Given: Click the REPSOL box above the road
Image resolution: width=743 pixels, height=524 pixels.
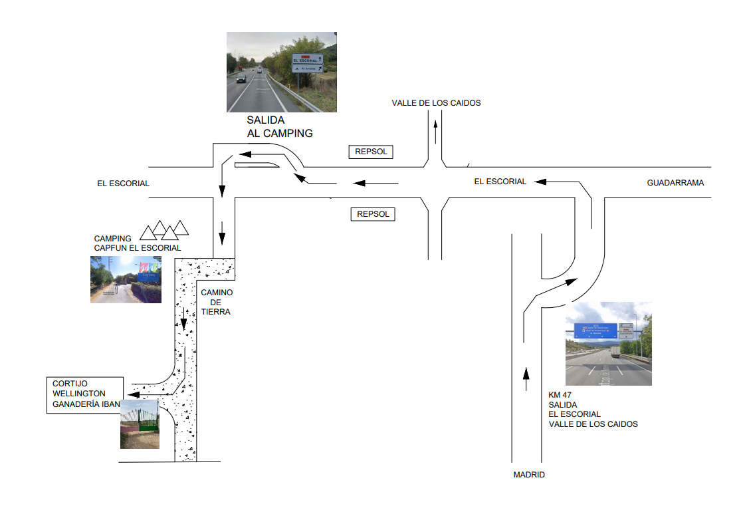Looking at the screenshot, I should (371, 152).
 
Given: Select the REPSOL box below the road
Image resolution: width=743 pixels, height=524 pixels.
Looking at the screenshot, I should (372, 214).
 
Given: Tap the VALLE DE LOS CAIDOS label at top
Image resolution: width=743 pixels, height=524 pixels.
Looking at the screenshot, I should (436, 103).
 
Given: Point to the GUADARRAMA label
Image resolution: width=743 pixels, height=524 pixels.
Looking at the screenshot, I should (675, 182).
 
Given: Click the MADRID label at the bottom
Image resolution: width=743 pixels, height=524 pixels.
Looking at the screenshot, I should (529, 475).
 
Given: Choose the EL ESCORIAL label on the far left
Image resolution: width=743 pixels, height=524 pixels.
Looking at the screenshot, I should (123, 183).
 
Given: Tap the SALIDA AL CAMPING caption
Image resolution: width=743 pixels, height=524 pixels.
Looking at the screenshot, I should (279, 127).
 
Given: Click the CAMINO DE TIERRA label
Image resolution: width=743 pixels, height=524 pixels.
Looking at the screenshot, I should (216, 302).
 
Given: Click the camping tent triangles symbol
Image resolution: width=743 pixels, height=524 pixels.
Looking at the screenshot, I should (164, 230).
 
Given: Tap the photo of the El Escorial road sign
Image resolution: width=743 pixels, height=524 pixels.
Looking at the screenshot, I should (282, 72).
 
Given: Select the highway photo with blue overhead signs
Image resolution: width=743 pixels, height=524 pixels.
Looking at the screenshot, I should (608, 344).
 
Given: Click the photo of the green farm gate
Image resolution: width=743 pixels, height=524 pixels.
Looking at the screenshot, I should (140, 424).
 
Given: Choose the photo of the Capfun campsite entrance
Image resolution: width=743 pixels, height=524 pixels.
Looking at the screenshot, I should (126, 280).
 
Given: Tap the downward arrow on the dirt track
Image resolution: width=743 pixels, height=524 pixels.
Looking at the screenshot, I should (184, 321).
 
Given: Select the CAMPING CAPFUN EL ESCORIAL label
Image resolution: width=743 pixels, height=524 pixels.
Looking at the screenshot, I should (137, 243).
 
